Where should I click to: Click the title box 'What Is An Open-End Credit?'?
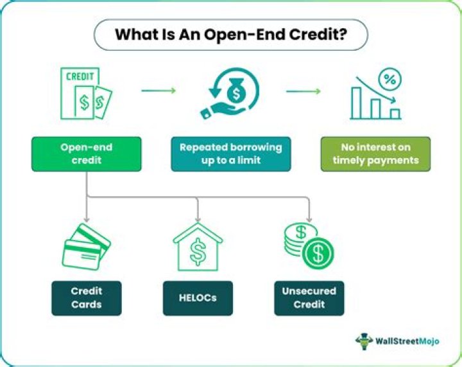(x=232, y=35)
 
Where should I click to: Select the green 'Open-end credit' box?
(x=87, y=154)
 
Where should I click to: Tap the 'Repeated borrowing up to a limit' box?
(x=230, y=154)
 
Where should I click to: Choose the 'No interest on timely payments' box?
(x=375, y=154)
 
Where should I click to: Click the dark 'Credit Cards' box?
(x=87, y=298)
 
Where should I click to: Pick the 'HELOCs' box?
(x=198, y=298)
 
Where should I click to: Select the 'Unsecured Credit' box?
(x=309, y=298)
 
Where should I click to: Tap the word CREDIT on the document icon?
(x=81, y=76)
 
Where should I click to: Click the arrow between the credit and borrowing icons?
(x=158, y=91)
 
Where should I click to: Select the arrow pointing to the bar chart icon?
(x=303, y=91)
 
